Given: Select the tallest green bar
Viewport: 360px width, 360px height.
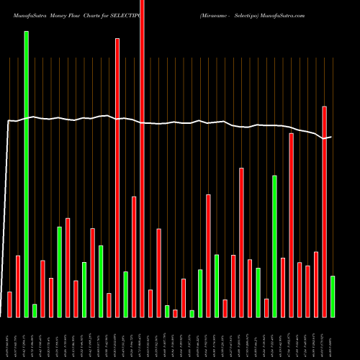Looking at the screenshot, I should [x=27, y=173].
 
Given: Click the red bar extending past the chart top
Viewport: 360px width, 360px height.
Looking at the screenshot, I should [x=142, y=158].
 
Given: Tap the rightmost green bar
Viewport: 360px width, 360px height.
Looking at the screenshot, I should [x=333, y=296].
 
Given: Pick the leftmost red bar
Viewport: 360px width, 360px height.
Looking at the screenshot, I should [x=9, y=304].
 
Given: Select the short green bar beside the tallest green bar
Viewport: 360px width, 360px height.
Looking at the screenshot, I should [x=35, y=310].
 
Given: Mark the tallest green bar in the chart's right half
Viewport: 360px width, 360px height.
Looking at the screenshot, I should [x=275, y=246].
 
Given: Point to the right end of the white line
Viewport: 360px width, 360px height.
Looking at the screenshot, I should [x=331, y=137].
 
